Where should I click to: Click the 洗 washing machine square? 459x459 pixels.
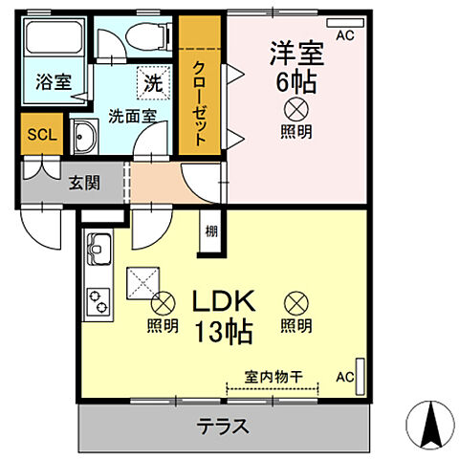[151, 83]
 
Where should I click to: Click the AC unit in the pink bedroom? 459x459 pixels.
[345, 21]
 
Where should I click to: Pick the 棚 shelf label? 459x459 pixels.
[209, 230]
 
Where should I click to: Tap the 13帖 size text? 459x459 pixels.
[226, 333]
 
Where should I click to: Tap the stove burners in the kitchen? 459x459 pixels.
[99, 305]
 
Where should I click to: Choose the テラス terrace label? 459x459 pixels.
[224, 426]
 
